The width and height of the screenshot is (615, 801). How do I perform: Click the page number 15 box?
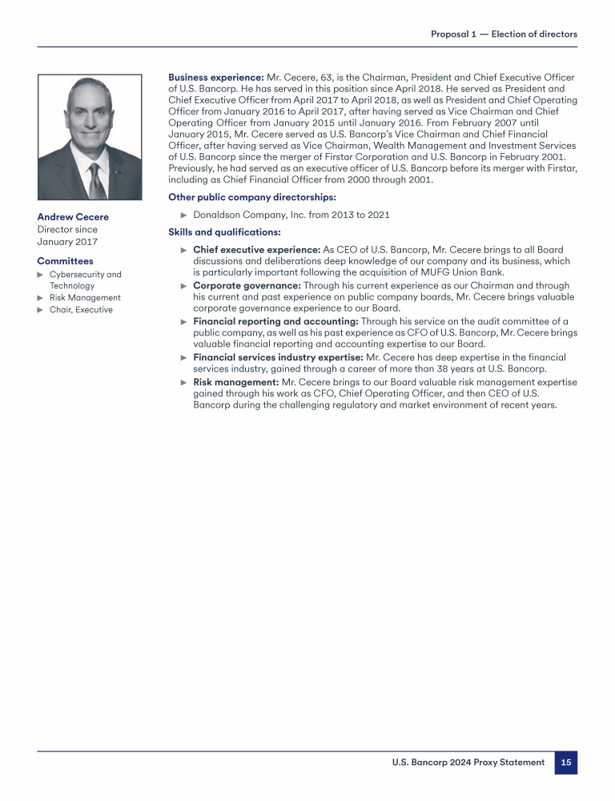point(565,763)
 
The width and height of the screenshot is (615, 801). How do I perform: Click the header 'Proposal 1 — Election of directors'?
point(504,34)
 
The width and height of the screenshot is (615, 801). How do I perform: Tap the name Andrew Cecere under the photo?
point(73,217)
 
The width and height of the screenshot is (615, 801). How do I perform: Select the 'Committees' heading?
point(65,261)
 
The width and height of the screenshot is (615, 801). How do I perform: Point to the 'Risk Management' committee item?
point(85,298)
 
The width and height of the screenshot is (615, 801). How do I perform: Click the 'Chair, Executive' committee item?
point(81,310)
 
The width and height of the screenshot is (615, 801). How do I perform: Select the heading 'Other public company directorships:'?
point(252,197)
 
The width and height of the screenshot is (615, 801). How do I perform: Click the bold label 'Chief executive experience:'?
point(257,250)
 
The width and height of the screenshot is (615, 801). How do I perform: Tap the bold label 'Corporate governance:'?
point(247,285)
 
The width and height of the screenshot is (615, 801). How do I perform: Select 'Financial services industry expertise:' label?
point(278,357)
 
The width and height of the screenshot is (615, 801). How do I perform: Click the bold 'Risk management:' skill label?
point(236,382)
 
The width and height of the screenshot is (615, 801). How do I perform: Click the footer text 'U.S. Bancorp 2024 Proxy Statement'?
point(468,763)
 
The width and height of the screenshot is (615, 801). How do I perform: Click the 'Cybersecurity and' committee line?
point(86,275)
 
